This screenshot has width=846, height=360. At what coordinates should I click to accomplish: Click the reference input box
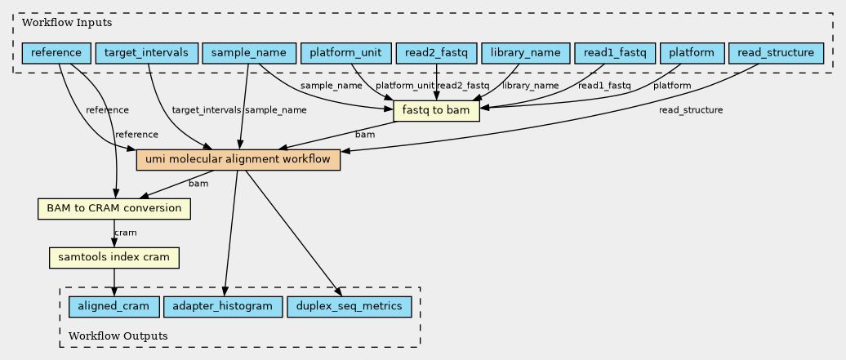click(x=56, y=53)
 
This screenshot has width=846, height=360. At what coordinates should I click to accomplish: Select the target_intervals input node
click(x=147, y=53)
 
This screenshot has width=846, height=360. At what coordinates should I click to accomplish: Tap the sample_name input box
click(x=249, y=53)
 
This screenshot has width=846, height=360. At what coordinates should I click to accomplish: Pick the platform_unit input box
click(x=346, y=53)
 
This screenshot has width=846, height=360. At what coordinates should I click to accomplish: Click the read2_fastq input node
click(x=436, y=53)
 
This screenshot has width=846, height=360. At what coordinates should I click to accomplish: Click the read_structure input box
click(x=776, y=53)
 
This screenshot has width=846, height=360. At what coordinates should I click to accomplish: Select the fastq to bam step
click(x=437, y=111)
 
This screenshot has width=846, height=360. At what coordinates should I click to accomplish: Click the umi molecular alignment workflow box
click(x=238, y=160)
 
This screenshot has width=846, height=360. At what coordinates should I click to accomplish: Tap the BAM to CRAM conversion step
click(x=114, y=208)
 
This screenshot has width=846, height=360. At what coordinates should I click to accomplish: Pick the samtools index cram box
click(x=114, y=257)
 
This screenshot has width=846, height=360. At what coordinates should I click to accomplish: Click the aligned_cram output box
click(x=114, y=307)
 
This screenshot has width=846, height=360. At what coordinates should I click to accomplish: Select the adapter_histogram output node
click(x=223, y=307)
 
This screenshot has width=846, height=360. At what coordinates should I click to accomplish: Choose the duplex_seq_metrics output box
click(x=350, y=307)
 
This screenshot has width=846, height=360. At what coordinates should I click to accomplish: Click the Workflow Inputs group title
click(x=60, y=23)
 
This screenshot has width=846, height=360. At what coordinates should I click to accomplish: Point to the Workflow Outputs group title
click(x=118, y=336)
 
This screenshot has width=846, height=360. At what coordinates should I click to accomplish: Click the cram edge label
click(x=125, y=233)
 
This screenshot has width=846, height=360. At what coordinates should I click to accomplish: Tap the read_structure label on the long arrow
click(x=691, y=110)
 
